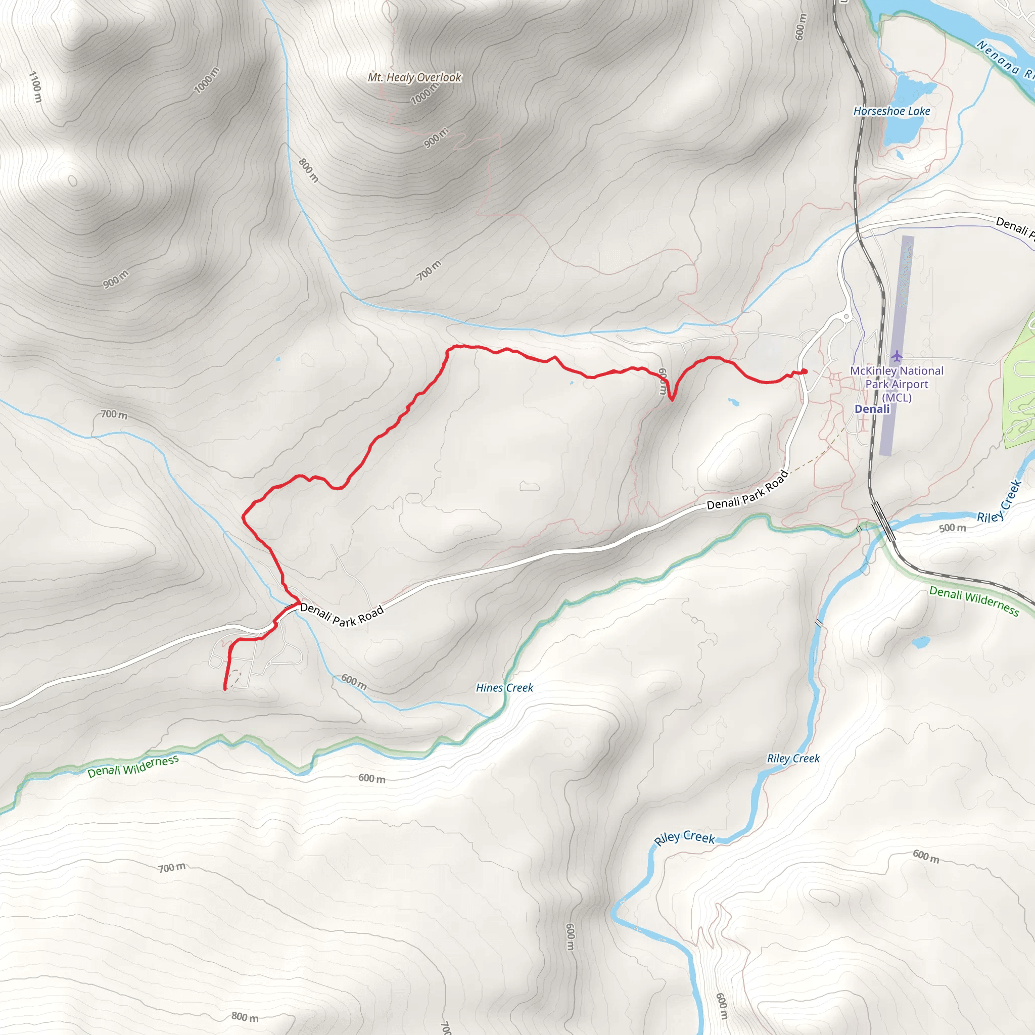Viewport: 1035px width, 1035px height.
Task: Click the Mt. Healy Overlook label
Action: coord(414,78)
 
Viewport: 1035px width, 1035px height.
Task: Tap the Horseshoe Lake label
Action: coord(891,111)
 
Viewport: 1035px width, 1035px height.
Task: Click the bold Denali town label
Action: coord(872,409)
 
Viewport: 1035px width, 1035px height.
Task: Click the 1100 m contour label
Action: coord(35,87)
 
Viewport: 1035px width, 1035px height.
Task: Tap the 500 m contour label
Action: coord(953,528)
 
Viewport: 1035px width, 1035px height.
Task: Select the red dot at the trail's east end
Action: coord(804,372)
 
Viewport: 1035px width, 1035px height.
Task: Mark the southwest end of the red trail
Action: coord(225,689)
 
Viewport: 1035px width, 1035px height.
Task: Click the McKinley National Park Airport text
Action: coord(896,384)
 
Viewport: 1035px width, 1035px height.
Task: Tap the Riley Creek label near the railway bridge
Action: coord(1000,502)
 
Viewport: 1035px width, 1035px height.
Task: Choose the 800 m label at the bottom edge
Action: coord(245,1017)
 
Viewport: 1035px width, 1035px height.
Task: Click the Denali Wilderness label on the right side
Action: coord(974,600)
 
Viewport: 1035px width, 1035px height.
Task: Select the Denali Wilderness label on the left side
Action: coord(133,766)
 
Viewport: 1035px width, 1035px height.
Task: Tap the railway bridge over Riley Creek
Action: coord(883,521)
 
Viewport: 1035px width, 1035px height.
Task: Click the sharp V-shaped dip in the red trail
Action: coord(672,399)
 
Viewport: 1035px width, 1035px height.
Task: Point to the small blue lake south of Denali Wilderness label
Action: coord(920,642)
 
